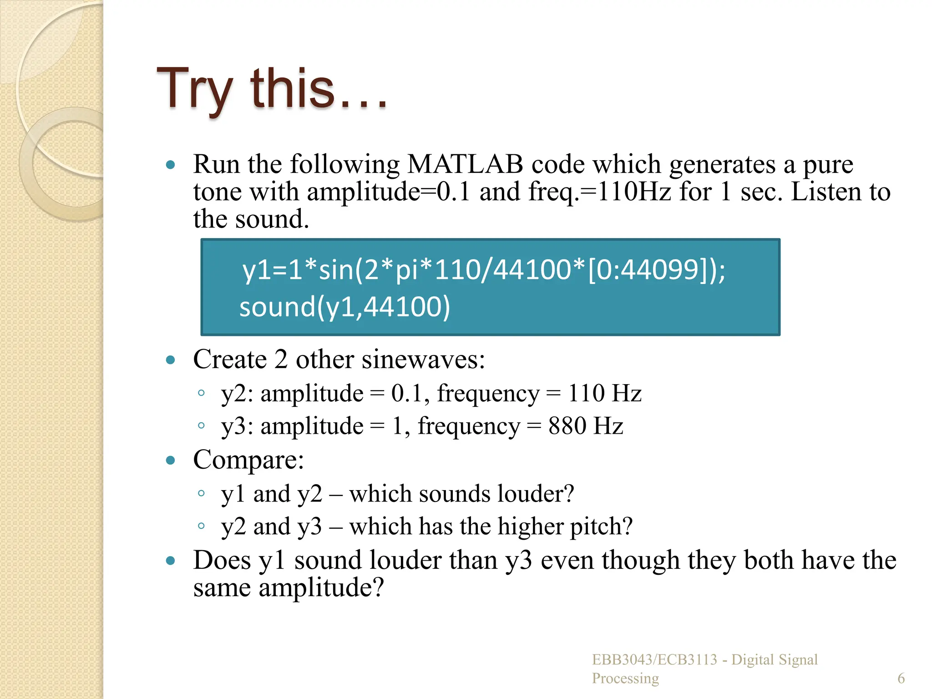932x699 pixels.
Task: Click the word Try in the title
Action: point(195,89)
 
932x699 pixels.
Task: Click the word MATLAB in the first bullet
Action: point(465,164)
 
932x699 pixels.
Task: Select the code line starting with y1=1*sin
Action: point(484,269)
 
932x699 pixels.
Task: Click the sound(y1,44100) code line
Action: point(344,307)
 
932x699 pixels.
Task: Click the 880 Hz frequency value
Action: point(585,426)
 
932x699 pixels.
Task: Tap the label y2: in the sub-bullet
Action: point(237,394)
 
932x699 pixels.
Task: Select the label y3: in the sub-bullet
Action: point(237,426)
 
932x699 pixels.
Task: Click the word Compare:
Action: point(248,460)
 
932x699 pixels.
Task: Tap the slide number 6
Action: point(901,679)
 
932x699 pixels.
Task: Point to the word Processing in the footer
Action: point(625,679)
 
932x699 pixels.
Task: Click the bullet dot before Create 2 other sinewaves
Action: point(171,360)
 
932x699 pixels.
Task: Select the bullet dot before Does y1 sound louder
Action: point(171,561)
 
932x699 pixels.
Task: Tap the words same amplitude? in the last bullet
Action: point(289,588)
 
